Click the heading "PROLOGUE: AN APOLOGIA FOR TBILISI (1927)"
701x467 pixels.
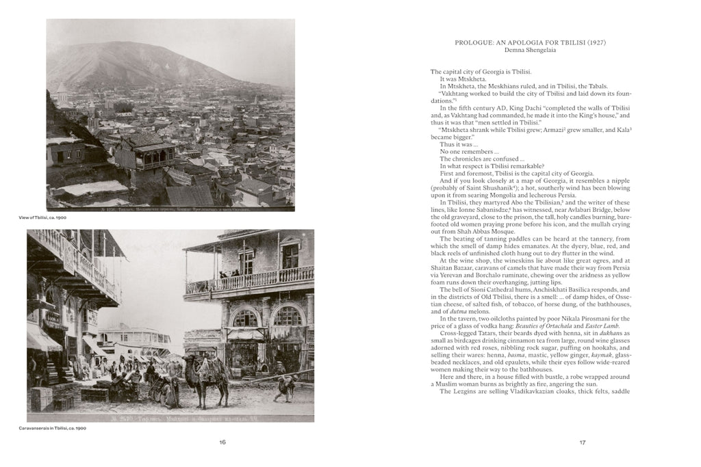[x=531, y=42]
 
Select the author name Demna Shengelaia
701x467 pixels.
[x=531, y=51]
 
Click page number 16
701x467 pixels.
[x=222, y=442]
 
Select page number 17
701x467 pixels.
[x=583, y=442]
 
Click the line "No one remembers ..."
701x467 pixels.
[x=470, y=151]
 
